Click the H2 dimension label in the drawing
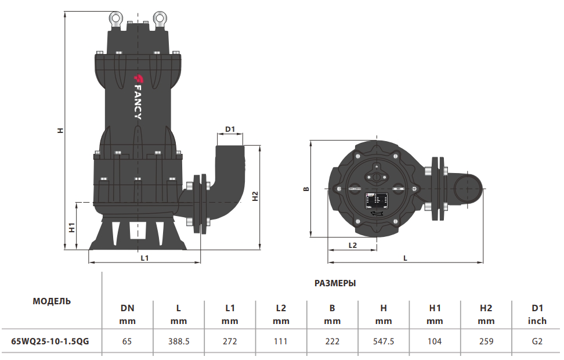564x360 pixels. click(255, 196)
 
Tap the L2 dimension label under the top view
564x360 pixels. click(353, 245)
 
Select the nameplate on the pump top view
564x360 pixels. click(375, 200)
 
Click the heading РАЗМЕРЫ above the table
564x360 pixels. click(335, 283)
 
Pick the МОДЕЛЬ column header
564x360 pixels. click(52, 301)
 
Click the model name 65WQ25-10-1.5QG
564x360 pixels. click(50, 341)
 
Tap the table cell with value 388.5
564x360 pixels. click(179, 341)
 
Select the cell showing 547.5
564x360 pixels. click(384, 341)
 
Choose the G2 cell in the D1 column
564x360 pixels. click(537, 341)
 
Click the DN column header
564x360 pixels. click(127, 309)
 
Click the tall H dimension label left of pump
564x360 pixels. click(60, 131)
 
